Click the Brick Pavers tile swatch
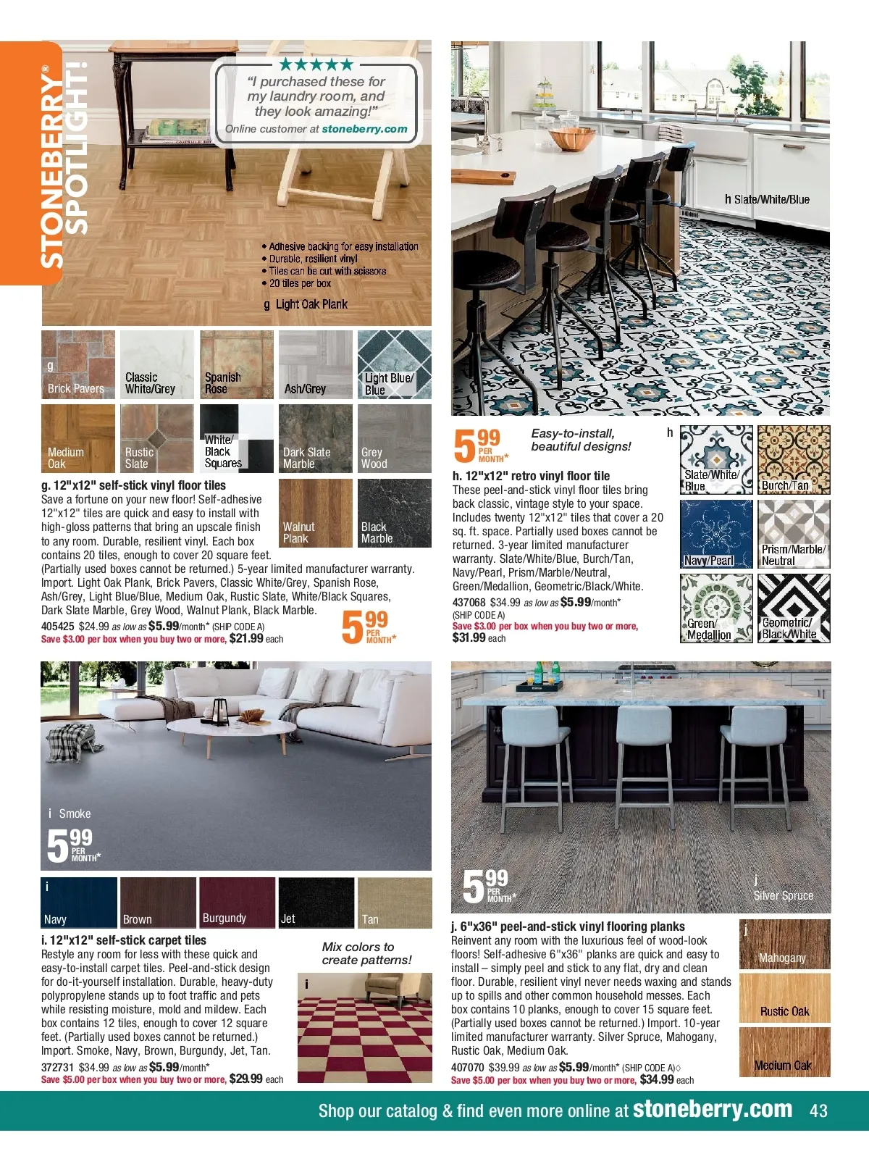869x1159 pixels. click(78, 364)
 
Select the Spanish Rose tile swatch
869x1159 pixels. click(236, 364)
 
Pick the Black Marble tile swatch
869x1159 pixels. click(394, 513)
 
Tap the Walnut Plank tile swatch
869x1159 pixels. click(315, 513)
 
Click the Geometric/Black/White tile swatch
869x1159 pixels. click(794, 608)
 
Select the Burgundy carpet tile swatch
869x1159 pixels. click(237, 903)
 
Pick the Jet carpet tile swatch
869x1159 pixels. click(316, 903)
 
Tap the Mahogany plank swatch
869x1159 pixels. click(784, 945)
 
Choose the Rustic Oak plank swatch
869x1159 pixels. click(784, 997)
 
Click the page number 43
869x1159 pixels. click(818, 1110)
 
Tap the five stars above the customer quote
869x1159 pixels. click(316, 64)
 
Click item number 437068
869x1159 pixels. click(469, 603)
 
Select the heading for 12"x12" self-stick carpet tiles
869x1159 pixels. click(124, 940)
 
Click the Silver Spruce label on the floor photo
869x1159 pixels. click(784, 896)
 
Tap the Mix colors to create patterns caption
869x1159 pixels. click(366, 953)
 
